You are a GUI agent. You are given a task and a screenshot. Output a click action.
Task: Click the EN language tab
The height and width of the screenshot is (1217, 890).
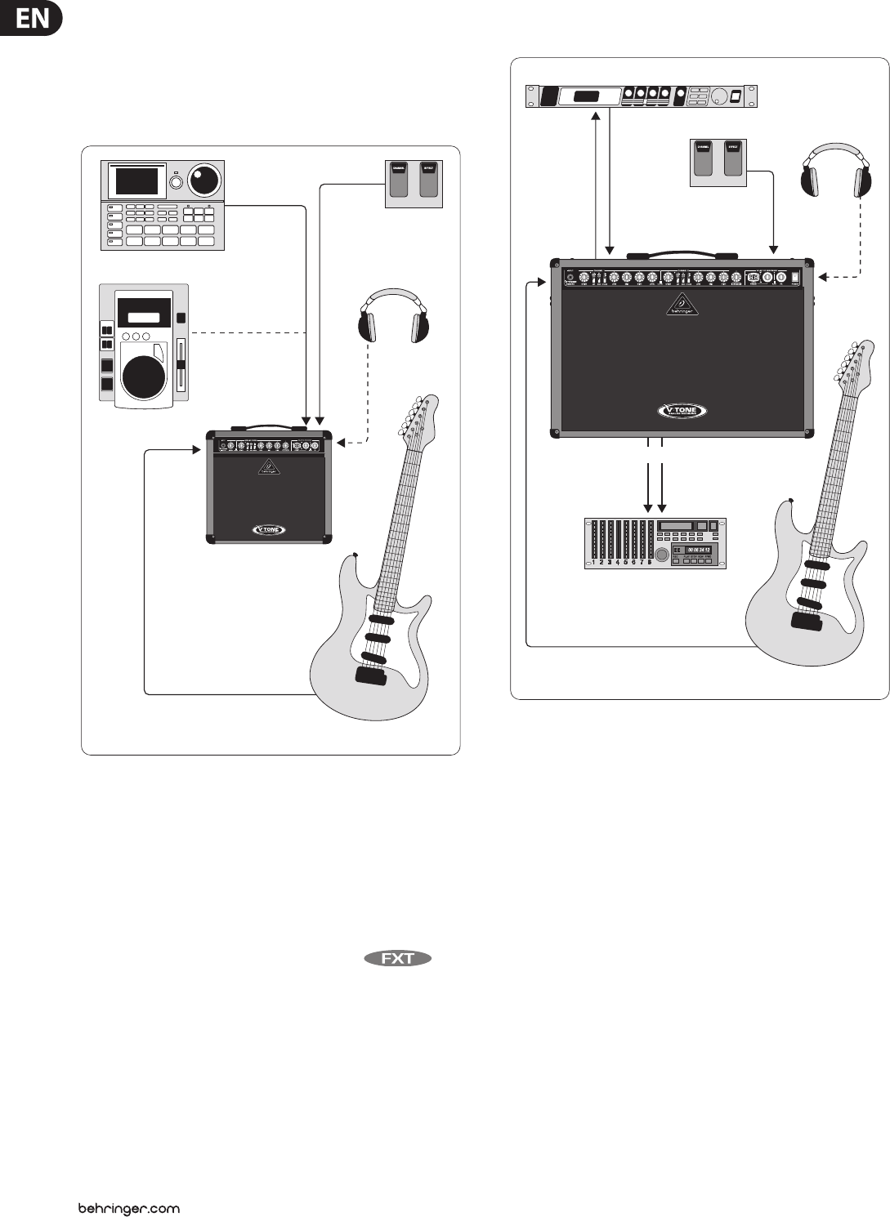[31, 18]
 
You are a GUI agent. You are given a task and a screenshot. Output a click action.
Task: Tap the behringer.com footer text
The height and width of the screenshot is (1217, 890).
[128, 1208]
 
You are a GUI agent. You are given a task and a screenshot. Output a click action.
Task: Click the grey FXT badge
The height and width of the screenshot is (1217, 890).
[398, 958]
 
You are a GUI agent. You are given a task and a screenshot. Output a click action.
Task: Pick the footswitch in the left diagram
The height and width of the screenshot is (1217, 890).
[414, 182]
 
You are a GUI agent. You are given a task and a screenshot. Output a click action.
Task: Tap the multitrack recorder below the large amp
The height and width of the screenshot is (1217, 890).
[655, 542]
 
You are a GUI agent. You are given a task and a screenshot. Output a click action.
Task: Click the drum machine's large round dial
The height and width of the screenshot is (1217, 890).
[204, 179]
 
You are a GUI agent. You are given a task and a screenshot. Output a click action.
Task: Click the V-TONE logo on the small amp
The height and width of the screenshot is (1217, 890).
[269, 529]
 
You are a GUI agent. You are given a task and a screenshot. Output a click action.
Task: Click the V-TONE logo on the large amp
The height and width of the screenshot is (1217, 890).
[682, 411]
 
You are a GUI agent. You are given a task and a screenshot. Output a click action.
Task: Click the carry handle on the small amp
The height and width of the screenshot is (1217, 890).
[269, 426]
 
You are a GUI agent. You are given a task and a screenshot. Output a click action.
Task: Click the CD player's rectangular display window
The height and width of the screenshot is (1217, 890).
[144, 316]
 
